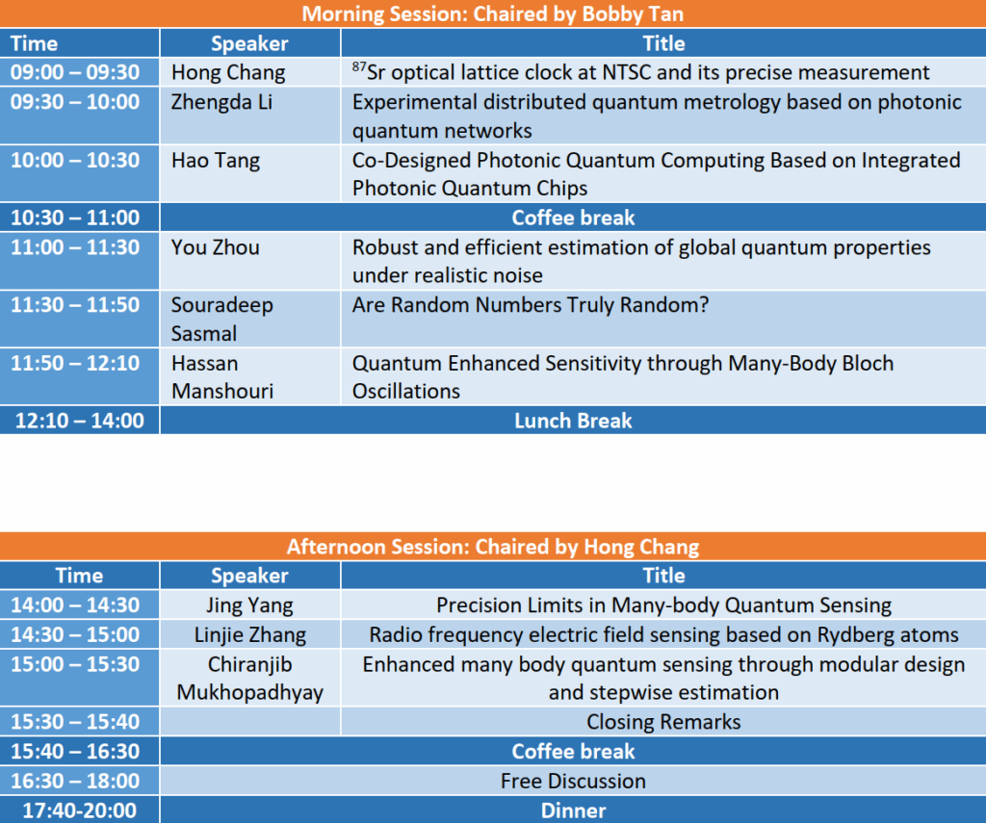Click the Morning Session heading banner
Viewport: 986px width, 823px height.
tap(493, 13)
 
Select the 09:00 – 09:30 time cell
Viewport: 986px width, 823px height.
tap(79, 72)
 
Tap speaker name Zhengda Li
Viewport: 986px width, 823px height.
tap(222, 102)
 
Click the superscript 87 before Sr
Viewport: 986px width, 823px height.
tap(359, 66)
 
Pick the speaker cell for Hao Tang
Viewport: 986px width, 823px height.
tap(250, 174)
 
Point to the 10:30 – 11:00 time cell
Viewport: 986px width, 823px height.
tap(79, 218)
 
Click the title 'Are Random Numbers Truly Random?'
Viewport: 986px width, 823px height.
tap(531, 305)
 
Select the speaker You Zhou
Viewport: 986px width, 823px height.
tap(215, 247)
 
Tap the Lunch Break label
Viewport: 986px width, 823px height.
tap(573, 421)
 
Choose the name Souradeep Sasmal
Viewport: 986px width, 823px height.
tap(222, 319)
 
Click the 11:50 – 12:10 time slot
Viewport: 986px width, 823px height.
tap(79, 376)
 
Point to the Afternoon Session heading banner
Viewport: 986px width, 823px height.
tap(493, 547)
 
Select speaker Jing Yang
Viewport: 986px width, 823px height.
tap(249, 604)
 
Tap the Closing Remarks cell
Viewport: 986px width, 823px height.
tap(663, 722)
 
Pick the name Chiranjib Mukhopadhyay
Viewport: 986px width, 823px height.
tap(249, 679)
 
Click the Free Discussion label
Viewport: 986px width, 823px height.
tap(573, 781)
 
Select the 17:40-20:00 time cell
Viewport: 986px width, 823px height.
tap(79, 810)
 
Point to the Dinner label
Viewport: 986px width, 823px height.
tap(573, 810)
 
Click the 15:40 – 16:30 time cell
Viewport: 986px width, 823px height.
tap(79, 751)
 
